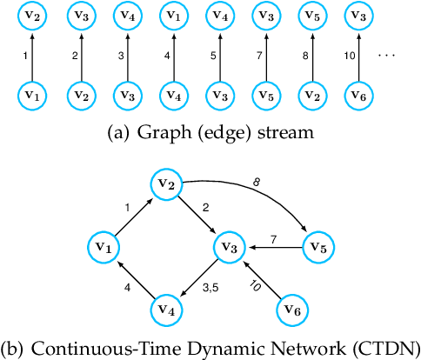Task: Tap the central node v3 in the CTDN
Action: coord(229,248)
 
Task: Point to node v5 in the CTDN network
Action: coord(317,248)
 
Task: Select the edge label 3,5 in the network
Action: coord(210,287)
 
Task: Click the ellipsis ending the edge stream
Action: coord(389,56)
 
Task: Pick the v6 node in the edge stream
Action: coord(355,93)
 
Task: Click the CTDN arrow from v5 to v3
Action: coord(273,248)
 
